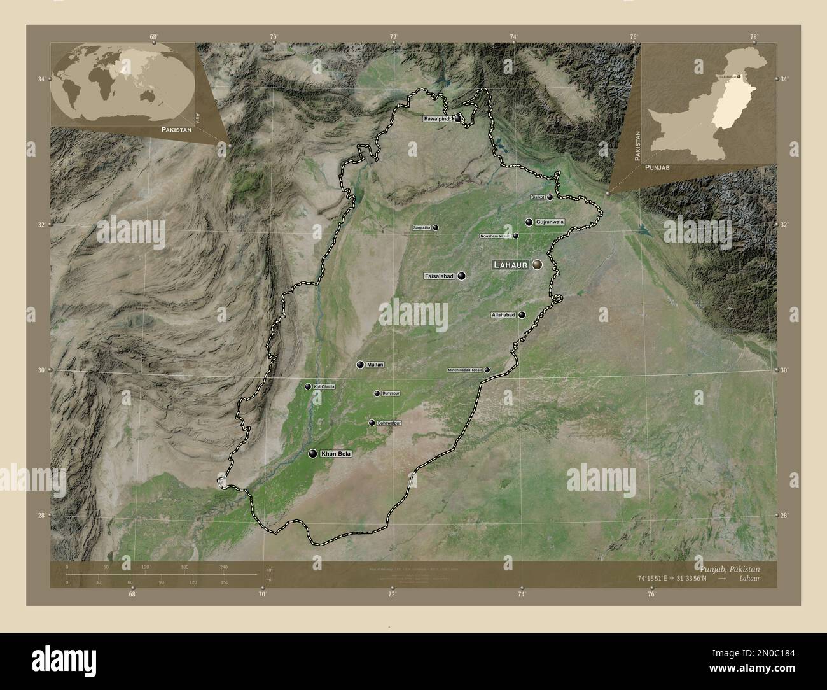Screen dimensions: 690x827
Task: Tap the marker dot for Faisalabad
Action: pyautogui.click(x=461, y=276)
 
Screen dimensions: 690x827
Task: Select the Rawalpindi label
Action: pyautogui.click(x=438, y=118)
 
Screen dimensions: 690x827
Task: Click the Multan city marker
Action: pyautogui.click(x=360, y=365)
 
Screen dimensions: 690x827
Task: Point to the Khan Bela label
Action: pyautogui.click(x=336, y=454)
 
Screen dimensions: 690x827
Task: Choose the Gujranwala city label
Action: pyautogui.click(x=550, y=222)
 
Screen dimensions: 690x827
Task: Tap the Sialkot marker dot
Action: pyautogui.click(x=550, y=197)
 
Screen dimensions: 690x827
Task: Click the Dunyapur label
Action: pyautogui.click(x=391, y=393)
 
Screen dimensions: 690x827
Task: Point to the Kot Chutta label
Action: pyautogui.click(x=324, y=386)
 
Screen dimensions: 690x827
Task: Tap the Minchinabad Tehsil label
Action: pyautogui.click(x=465, y=370)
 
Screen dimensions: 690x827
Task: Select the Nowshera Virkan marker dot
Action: pyautogui.click(x=515, y=236)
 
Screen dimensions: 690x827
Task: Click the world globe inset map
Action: pyautogui.click(x=124, y=83)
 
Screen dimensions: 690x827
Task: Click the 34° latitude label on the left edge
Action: pyautogui.click(x=41, y=79)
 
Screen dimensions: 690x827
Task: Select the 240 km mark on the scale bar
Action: pyautogui.click(x=223, y=567)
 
